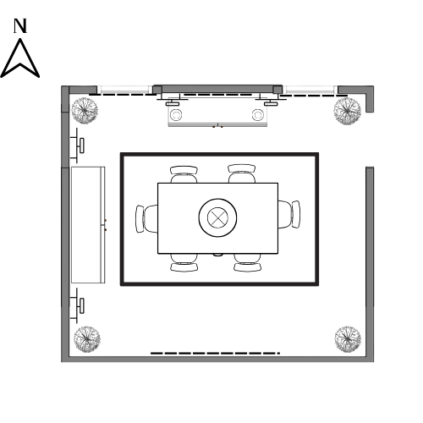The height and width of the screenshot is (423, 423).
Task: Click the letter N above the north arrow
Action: coord(20,26)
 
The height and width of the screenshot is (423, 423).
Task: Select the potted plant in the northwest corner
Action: coord(85,111)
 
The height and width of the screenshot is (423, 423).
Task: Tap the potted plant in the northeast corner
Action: coord(347,111)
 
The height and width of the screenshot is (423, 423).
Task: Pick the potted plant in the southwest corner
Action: coord(87,339)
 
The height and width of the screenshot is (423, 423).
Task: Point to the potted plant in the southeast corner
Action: coord(348,339)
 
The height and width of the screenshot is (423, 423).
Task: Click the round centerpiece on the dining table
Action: coord(217,217)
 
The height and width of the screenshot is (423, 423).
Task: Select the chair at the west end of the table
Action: coord(146,219)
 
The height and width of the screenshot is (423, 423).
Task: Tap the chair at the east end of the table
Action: coord(289,214)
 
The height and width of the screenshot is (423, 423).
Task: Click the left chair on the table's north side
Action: coord(184,174)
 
